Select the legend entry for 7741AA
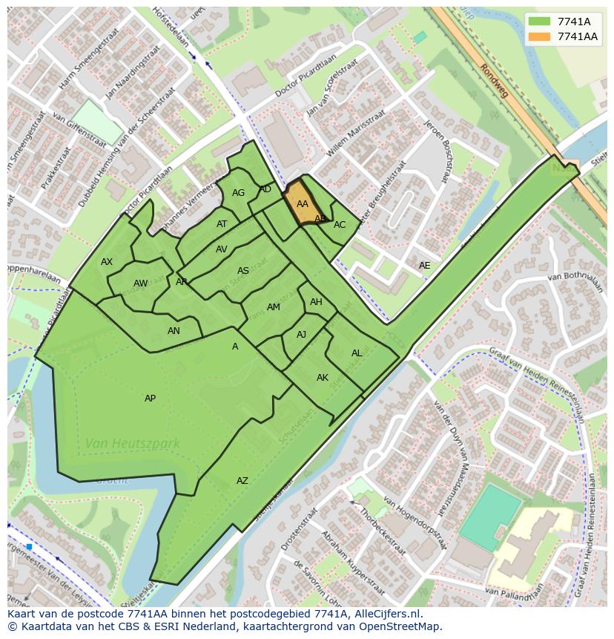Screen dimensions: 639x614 pos(578,36)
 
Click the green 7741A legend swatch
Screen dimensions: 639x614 pos(539,22)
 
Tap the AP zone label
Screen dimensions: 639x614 pos(150,399)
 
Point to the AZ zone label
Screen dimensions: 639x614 pos(242,481)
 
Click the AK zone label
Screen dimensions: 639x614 pos(323,378)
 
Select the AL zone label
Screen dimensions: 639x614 pos(357,353)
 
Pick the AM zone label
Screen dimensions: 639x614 pos(273,307)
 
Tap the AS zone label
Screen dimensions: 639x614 pos(243,271)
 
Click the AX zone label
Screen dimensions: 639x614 pos(107,262)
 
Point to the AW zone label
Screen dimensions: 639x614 pos(140,284)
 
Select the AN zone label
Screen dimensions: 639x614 pos(174,331)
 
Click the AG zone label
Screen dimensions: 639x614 pos(238,193)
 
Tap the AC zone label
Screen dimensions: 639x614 pos(340,225)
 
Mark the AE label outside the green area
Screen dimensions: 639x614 pos(424,265)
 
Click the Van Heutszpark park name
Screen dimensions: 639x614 pos(132,444)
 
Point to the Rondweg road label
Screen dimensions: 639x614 pos(495,80)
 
